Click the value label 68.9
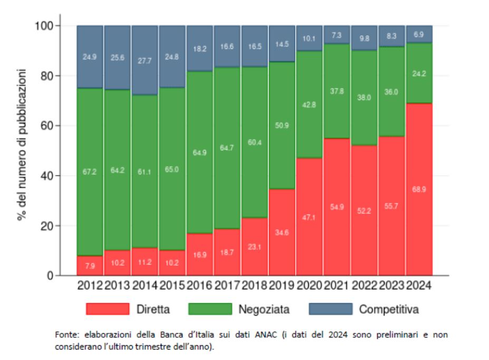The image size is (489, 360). (419, 189)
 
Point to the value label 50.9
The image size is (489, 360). (282, 126)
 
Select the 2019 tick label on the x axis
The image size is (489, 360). (282, 286)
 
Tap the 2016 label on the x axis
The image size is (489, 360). (200, 286)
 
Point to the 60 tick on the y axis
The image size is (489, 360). (47, 126)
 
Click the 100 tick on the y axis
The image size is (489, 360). (45, 26)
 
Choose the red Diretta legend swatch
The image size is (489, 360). (108, 309)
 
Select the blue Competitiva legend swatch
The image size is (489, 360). (330, 309)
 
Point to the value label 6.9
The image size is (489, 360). (419, 34)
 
